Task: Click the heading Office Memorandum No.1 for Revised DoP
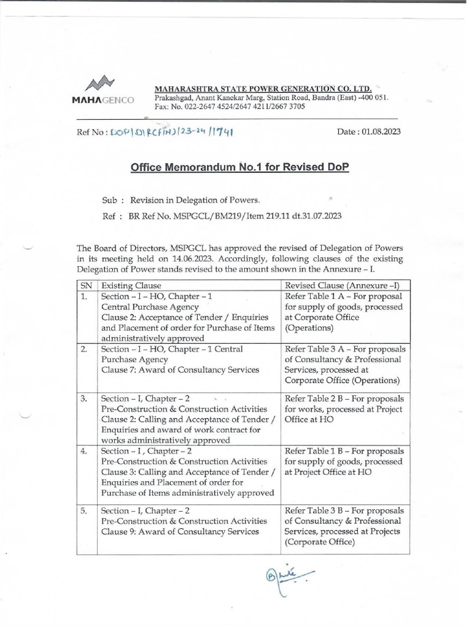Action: tap(239, 168)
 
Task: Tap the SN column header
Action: tap(85, 285)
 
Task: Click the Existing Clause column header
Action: tap(131, 285)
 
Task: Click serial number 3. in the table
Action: tap(85, 398)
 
